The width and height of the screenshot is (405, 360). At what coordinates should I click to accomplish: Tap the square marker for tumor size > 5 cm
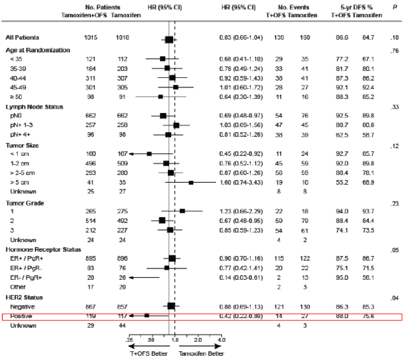tap(191, 182)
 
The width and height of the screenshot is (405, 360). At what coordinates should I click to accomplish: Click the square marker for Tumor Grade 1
tap(182, 211)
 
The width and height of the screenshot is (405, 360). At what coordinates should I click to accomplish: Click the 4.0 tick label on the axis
tap(222, 339)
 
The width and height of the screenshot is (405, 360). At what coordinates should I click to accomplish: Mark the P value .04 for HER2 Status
tap(394, 298)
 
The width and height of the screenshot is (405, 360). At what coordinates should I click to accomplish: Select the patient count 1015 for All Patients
tap(90, 37)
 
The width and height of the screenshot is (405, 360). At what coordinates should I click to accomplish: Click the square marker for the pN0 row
tap(163, 115)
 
